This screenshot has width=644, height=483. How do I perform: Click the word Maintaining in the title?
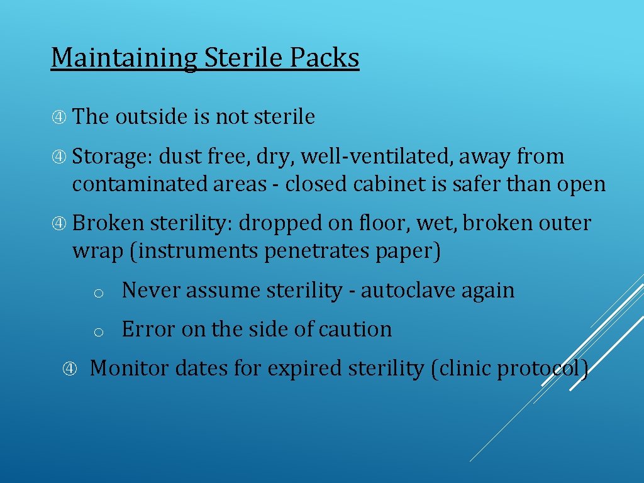click(124, 58)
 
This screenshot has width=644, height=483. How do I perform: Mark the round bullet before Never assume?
click(98, 293)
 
